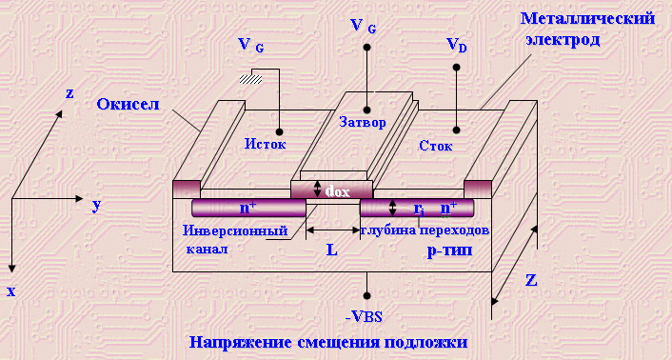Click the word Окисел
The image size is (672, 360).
(x=128, y=104)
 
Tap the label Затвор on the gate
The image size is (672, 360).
(x=362, y=123)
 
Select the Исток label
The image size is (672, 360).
(x=266, y=144)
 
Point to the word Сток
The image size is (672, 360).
(x=435, y=146)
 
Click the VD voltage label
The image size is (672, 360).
(x=457, y=45)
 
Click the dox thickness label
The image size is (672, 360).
(x=337, y=190)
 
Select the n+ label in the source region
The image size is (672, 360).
(x=248, y=208)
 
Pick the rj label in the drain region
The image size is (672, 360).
(x=419, y=209)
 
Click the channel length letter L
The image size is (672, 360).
(x=332, y=250)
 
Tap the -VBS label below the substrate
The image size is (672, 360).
(x=364, y=318)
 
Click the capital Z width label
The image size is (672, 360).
(x=531, y=280)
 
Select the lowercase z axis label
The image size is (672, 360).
(x=69, y=93)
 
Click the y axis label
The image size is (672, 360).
(x=96, y=206)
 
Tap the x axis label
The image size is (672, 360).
(x=11, y=291)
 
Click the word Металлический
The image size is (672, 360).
(x=587, y=19)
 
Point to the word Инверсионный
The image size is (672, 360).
(x=235, y=231)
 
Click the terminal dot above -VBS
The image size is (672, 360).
(x=366, y=295)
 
